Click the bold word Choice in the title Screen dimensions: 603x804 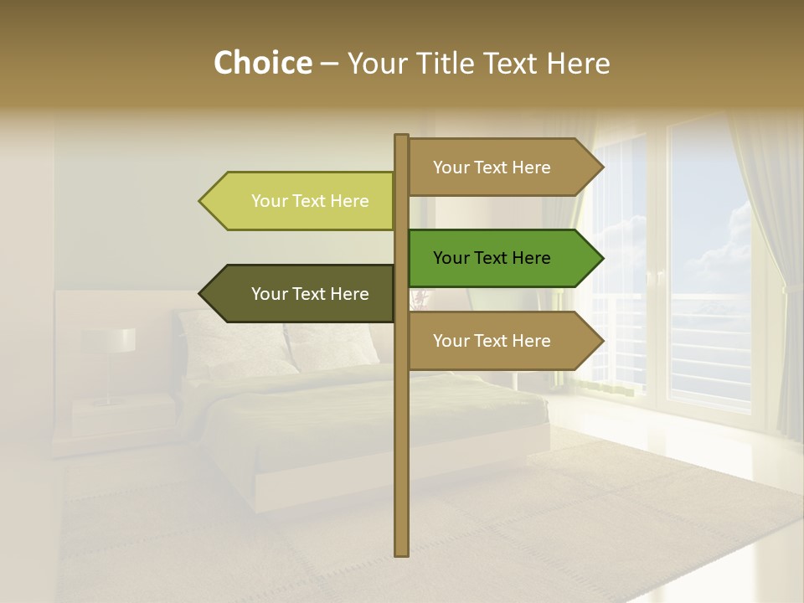tap(262, 63)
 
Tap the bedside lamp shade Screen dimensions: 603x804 tap(109, 339)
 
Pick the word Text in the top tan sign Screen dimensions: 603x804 tap(491, 167)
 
